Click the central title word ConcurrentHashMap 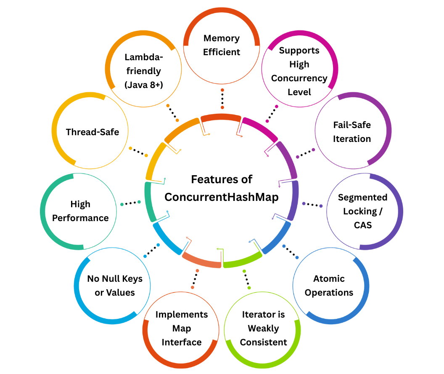point(222,197)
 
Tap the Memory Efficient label point(222,45)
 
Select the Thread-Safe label point(92,132)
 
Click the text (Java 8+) point(143,85)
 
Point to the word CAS point(362,225)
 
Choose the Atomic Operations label point(329,285)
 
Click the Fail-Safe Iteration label point(352,132)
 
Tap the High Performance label point(80,211)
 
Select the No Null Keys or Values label point(115,285)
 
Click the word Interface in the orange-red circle point(182,342)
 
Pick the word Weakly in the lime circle point(263,328)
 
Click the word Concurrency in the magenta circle point(299,78)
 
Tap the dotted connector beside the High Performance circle point(130,203)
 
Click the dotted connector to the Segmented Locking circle point(312,205)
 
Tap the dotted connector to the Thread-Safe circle point(138,152)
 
